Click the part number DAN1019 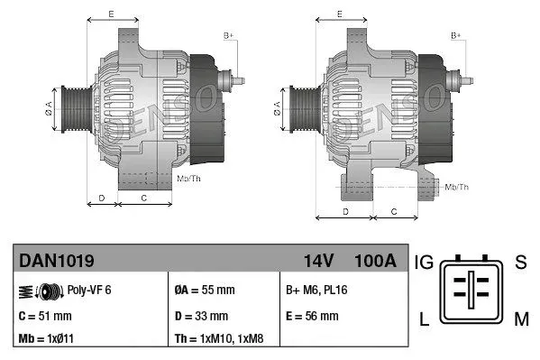tap(57, 262)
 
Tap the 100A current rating tap(375, 262)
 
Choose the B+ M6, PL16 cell tap(316, 291)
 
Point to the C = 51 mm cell tap(44, 316)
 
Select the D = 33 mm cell tap(201, 316)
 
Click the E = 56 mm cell tap(312, 316)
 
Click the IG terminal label tap(426, 263)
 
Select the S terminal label tap(519, 263)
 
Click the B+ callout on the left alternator tap(229, 35)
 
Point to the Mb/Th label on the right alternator tap(457, 187)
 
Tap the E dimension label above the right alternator tap(338, 14)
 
